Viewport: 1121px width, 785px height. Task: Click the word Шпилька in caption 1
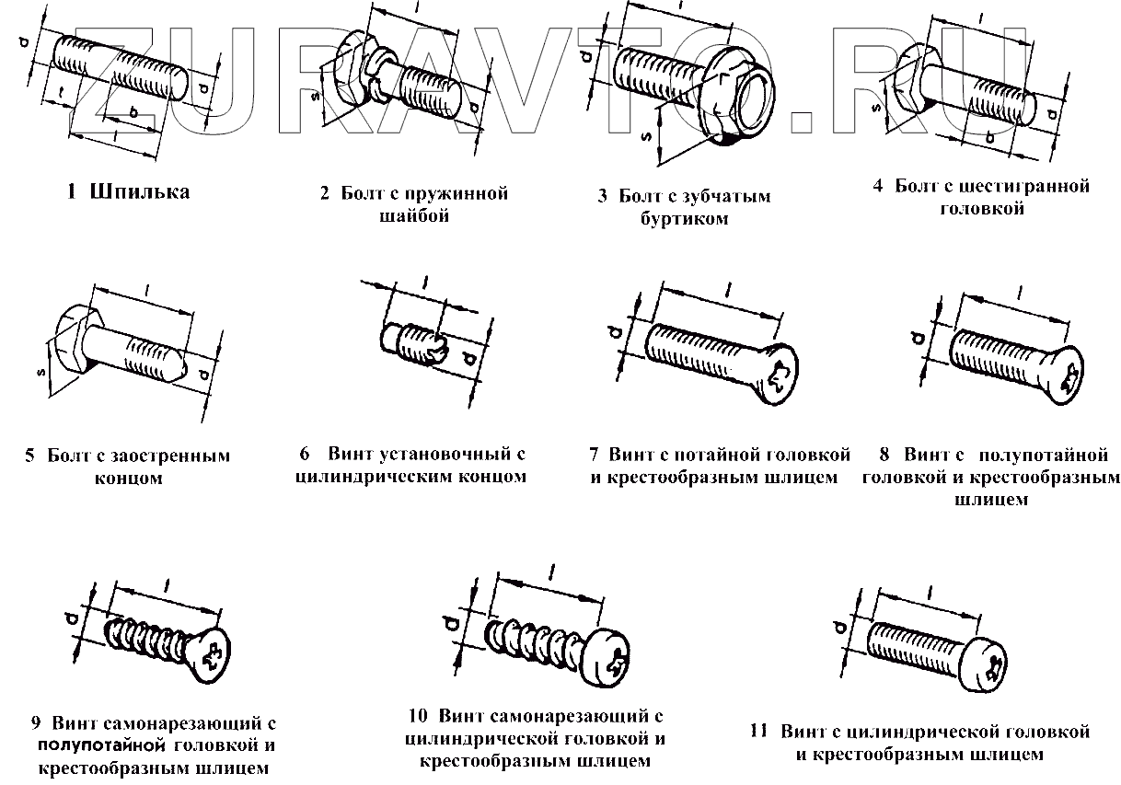140,191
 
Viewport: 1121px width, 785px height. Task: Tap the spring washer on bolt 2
376,73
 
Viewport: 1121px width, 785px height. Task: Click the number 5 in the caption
30,456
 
